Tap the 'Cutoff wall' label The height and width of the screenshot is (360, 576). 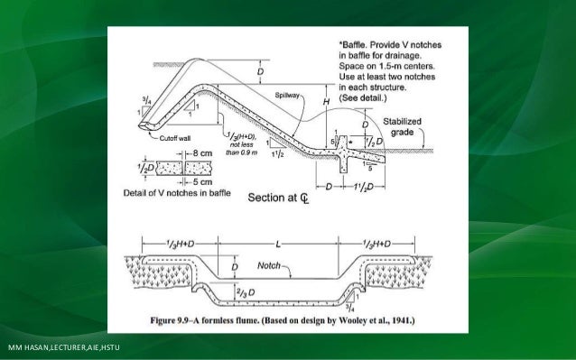(x=182, y=138)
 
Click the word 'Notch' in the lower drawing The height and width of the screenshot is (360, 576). (x=267, y=266)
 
